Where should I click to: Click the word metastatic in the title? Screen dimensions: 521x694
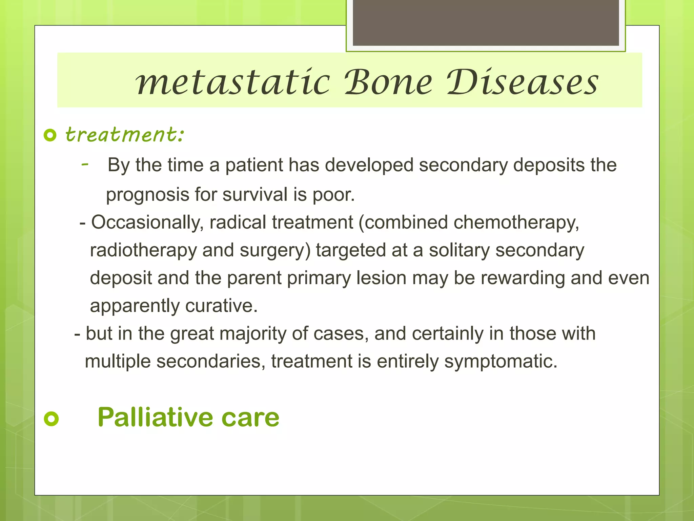[233, 82]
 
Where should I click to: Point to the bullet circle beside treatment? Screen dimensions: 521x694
[50, 135]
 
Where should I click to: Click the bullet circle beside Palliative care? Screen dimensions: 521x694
[51, 419]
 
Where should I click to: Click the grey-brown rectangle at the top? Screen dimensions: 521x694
[486, 23]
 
